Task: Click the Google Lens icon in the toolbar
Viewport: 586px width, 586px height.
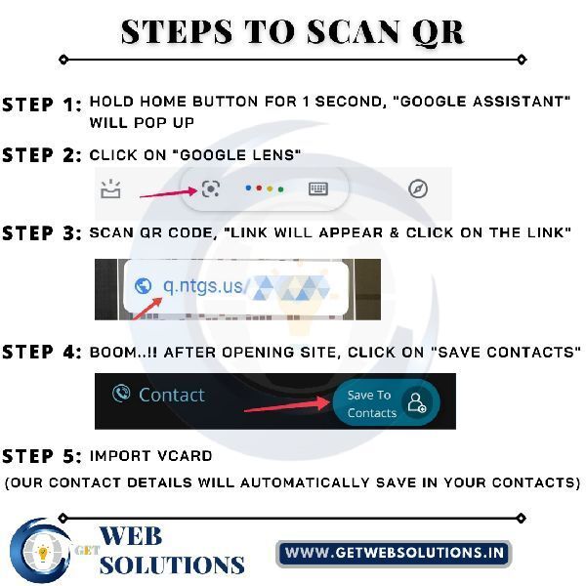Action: [210, 188]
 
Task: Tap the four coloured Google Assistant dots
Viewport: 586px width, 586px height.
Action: [265, 188]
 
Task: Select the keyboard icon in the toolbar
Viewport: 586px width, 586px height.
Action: [318, 188]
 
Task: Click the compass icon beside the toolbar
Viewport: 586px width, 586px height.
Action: [418, 188]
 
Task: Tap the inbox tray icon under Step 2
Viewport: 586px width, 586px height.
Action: [110, 188]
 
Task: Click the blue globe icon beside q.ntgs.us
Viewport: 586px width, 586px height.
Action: [143, 286]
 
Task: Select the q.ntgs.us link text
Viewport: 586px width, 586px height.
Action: [203, 287]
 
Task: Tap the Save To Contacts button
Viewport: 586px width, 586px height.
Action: [386, 402]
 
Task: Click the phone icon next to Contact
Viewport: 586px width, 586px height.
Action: [121, 394]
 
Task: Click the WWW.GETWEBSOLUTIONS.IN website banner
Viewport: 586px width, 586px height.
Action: [394, 553]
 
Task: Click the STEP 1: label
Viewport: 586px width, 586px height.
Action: [42, 105]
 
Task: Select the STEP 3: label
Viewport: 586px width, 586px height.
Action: [42, 233]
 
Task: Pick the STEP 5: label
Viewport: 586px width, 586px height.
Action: [42, 456]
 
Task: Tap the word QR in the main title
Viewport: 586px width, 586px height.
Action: [438, 32]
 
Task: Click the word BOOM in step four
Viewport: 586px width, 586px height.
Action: [113, 353]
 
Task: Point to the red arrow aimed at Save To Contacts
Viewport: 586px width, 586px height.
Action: [287, 404]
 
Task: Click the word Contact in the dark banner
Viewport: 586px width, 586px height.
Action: [172, 395]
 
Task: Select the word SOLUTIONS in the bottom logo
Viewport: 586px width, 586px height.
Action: [172, 565]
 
